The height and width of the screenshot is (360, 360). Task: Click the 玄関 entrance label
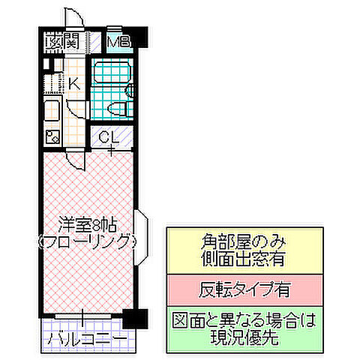click(x=61, y=42)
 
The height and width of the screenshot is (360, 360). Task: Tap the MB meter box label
click(x=118, y=42)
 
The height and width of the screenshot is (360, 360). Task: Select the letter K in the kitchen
click(x=73, y=83)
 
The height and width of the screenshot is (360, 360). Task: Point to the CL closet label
click(x=107, y=138)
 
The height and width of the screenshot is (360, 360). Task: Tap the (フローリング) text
click(x=86, y=241)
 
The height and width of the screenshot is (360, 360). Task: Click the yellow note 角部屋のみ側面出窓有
click(x=245, y=250)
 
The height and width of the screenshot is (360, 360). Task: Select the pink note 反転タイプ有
click(x=245, y=288)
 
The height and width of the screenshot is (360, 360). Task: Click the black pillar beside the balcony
click(x=131, y=317)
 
